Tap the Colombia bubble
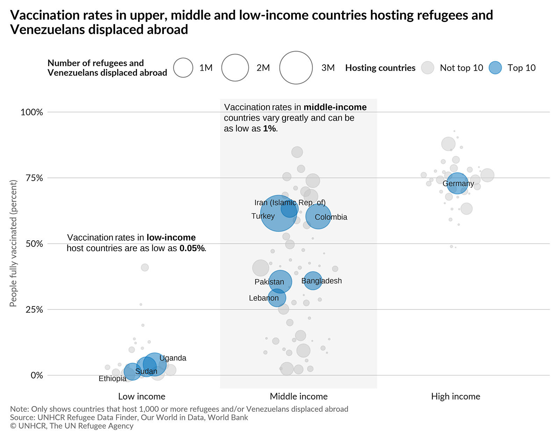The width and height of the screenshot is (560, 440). (x=318, y=217)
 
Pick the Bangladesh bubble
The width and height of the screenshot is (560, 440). (x=313, y=281)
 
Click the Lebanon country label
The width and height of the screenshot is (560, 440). (x=264, y=298)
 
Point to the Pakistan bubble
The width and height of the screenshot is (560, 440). (x=280, y=281)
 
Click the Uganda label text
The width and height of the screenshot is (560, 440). (x=173, y=358)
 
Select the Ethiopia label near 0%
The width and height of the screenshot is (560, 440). (x=112, y=379)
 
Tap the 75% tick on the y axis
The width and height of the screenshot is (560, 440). (x=34, y=178)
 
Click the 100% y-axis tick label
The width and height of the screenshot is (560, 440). (x=31, y=112)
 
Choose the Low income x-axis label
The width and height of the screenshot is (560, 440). (x=142, y=396)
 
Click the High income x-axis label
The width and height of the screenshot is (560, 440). (x=455, y=396)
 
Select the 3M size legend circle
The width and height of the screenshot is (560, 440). (x=296, y=68)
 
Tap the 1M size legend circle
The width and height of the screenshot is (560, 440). (x=183, y=68)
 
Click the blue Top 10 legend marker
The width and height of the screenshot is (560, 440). (x=495, y=68)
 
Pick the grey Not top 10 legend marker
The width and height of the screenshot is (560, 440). (x=427, y=68)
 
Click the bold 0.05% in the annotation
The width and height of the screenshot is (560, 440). (x=192, y=248)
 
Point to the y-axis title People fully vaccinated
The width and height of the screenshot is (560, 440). (x=13, y=243)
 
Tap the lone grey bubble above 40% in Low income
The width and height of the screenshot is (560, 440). (x=145, y=268)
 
